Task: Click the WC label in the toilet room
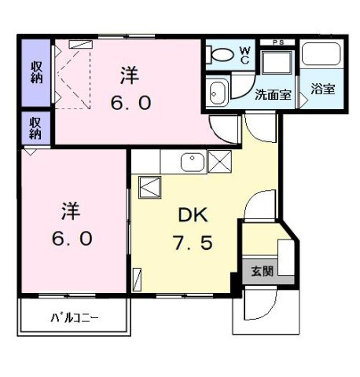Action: (244, 56)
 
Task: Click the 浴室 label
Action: (322, 89)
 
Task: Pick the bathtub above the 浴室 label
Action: (321, 56)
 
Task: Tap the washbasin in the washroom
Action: (218, 92)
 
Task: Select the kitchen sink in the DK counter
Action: (191, 162)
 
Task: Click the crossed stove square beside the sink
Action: (220, 163)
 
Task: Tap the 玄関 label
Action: (262, 272)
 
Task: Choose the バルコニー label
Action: (75, 318)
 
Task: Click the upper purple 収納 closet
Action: (36, 71)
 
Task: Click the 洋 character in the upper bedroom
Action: (130, 75)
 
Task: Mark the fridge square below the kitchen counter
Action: (149, 188)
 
